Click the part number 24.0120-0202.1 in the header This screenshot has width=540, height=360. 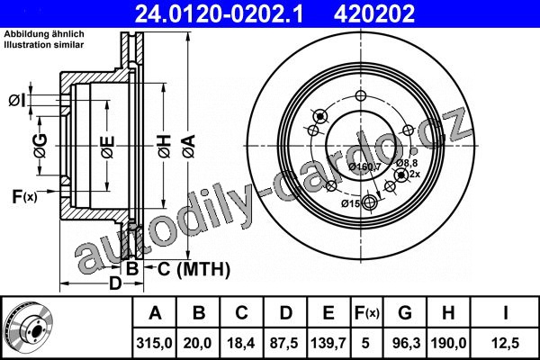(219, 13)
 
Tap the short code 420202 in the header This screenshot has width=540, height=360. (374, 13)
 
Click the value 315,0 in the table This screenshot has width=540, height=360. (154, 343)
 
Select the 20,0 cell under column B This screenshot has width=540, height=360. (198, 343)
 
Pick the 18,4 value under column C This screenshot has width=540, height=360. (241, 343)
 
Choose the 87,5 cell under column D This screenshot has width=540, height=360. (284, 343)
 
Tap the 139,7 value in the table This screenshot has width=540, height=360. (328, 343)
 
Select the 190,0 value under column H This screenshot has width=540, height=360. (448, 343)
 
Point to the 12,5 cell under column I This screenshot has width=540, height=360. (506, 343)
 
